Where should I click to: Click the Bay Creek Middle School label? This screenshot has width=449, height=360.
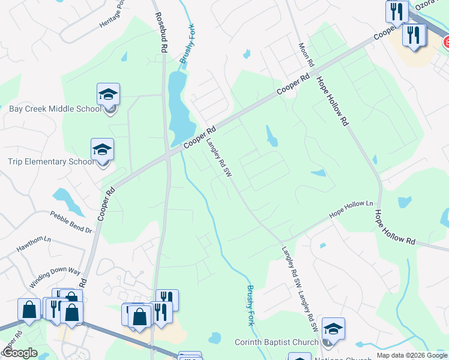coord(55,109)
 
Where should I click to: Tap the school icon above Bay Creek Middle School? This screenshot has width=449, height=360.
coord(108,95)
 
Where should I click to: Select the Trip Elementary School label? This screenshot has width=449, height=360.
coord(50,161)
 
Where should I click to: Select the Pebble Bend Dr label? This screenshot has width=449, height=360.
coord(71,222)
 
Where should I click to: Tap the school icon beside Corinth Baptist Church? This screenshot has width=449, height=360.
coord(333,329)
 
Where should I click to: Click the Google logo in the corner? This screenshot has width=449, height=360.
coord(20,353)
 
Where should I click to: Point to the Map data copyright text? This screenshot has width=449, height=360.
coord(411,355)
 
